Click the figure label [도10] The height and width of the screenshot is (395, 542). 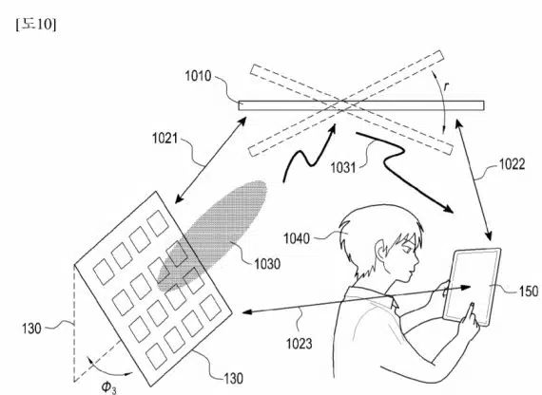pyautogui.click(x=35, y=25)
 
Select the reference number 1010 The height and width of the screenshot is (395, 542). pyautogui.click(x=198, y=76)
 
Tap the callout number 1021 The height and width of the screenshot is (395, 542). pyautogui.click(x=165, y=139)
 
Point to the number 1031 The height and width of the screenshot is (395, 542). pyautogui.click(x=343, y=168)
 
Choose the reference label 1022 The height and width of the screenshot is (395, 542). pyautogui.click(x=512, y=164)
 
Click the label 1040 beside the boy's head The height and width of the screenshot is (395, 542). pyautogui.click(x=297, y=238)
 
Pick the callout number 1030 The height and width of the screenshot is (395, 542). pyautogui.click(x=267, y=264)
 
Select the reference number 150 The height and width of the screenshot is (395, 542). pyautogui.click(x=529, y=292)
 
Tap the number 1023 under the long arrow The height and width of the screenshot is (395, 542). pyautogui.click(x=299, y=344)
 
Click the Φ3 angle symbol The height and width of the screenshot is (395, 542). pyautogui.click(x=109, y=387)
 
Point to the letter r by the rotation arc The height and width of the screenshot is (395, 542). pyautogui.click(x=446, y=86)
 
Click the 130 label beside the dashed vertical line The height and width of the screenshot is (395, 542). pyautogui.click(x=31, y=329)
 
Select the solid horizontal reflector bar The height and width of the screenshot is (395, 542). pyautogui.click(x=361, y=105)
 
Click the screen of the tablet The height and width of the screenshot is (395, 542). pyautogui.click(x=472, y=286)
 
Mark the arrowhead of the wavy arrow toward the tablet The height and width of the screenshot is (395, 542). pyautogui.click(x=449, y=210)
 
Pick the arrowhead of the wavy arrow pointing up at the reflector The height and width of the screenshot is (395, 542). pyautogui.click(x=333, y=129)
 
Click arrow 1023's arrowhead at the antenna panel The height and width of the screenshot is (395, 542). pyautogui.click(x=246, y=312)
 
